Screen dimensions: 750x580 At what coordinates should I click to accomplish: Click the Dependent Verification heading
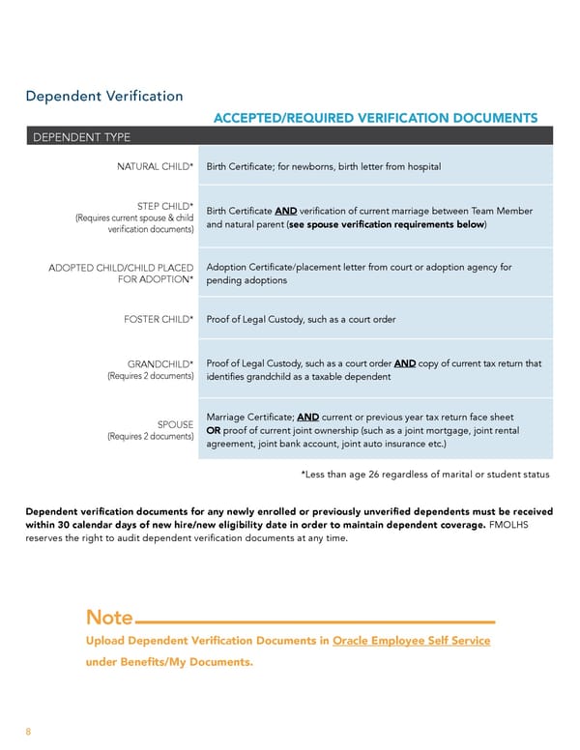(x=103, y=96)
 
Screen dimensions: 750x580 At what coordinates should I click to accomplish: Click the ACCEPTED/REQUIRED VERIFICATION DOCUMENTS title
(x=375, y=118)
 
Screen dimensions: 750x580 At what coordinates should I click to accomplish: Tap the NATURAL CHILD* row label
(x=156, y=167)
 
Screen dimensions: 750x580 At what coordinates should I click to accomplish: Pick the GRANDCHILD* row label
(x=160, y=363)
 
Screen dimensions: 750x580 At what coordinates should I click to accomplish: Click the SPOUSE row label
(x=175, y=424)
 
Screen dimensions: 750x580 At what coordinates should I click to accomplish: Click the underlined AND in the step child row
(x=286, y=212)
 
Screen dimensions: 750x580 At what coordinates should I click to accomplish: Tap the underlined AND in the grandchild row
(x=405, y=363)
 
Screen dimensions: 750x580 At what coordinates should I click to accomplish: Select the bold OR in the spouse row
(x=215, y=430)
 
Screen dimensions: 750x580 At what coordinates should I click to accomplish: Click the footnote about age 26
(x=425, y=475)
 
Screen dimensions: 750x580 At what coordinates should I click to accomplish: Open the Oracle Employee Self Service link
(x=411, y=641)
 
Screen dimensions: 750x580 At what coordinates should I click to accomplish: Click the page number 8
(x=28, y=732)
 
